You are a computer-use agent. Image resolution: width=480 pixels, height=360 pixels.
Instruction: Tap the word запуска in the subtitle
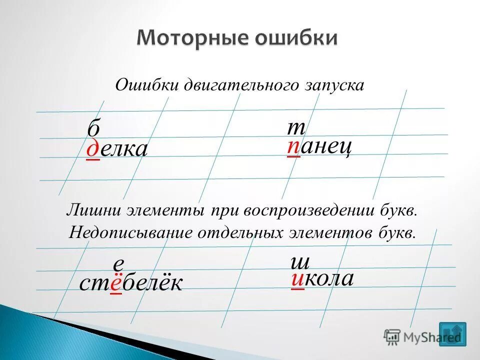coord(333,85)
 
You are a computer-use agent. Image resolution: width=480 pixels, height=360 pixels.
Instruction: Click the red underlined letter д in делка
coord(93,149)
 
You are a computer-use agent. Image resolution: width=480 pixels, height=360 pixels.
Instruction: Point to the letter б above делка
coord(93,129)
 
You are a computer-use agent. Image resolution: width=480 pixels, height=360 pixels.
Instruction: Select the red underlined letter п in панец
coord(294,147)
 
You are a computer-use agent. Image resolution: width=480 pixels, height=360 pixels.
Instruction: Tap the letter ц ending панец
coord(345,148)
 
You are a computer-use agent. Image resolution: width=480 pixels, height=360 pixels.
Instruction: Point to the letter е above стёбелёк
coord(118,264)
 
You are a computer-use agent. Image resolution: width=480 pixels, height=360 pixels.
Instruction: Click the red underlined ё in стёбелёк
coord(116,284)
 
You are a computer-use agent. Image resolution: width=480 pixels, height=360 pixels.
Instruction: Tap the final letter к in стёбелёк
coord(174,284)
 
